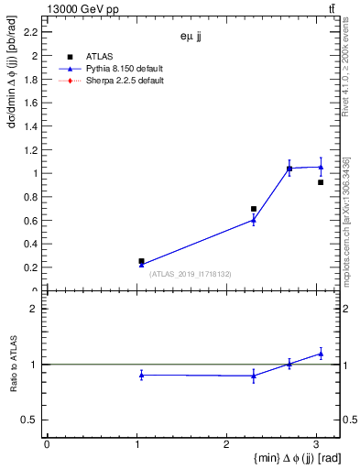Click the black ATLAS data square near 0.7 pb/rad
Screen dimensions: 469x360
[x=254, y=209]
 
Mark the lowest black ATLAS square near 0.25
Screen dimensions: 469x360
[x=141, y=261]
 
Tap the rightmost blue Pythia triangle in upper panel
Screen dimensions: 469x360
[x=321, y=167]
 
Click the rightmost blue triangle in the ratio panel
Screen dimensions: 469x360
[x=321, y=353]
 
